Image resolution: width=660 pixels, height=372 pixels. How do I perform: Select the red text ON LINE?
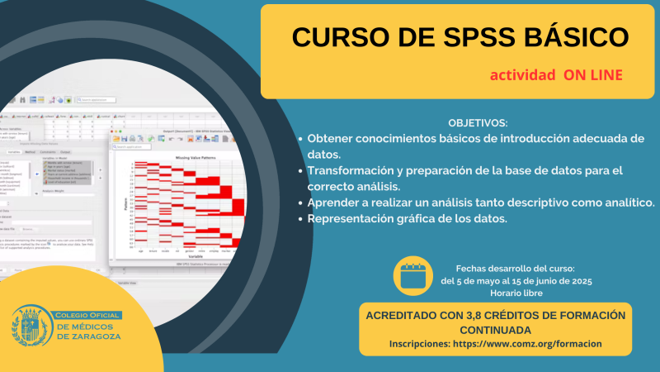pyautogui.click(x=593, y=74)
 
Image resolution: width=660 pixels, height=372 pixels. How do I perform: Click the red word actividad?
pyautogui.click(x=522, y=74)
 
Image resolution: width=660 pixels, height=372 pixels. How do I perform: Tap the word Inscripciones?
pyautogui.click(x=419, y=343)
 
